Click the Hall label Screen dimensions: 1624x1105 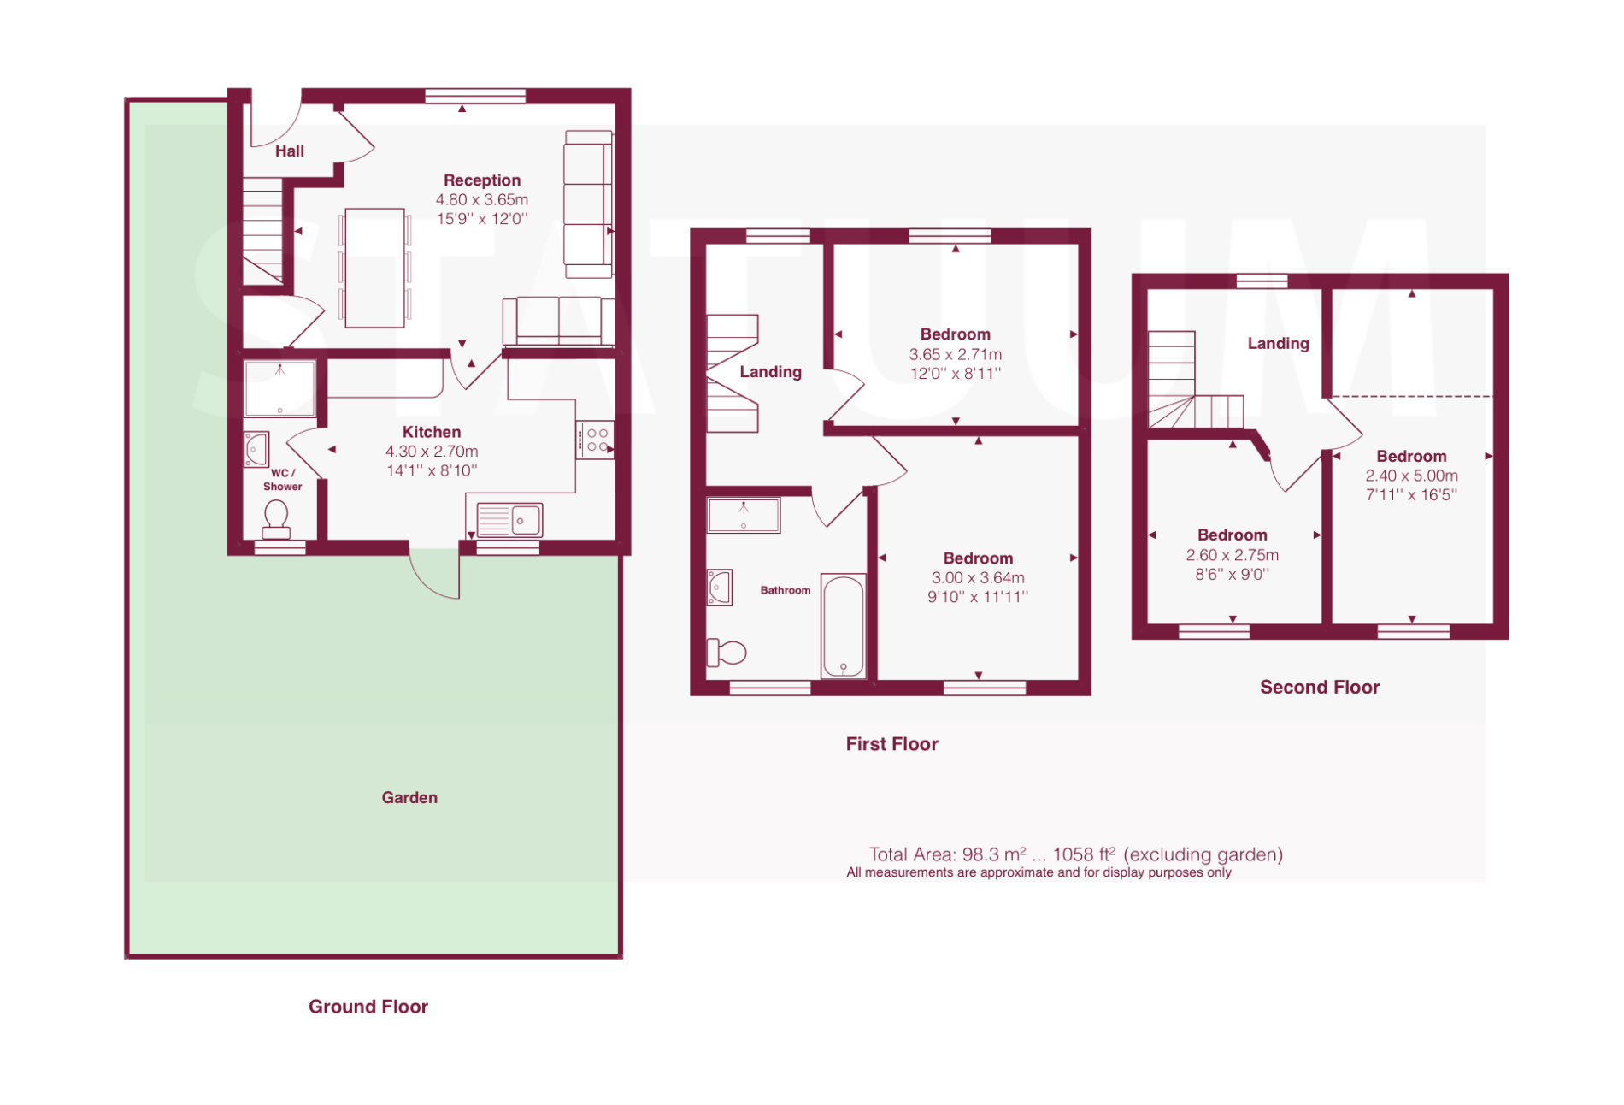pyautogui.click(x=290, y=151)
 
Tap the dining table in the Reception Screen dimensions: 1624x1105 pyautogui.click(x=374, y=268)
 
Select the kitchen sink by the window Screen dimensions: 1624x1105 pyautogui.click(x=509, y=519)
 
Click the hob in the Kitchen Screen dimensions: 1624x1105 pyautogui.click(x=595, y=440)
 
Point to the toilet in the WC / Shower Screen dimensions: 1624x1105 pyautogui.click(x=276, y=520)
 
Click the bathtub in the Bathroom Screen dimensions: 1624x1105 pyautogui.click(x=844, y=626)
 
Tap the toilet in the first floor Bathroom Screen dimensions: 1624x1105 pyautogui.click(x=727, y=653)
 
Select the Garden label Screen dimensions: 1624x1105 pyautogui.click(x=409, y=798)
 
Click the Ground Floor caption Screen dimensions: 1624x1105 pyautogui.click(x=368, y=1007)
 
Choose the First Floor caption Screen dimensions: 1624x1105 pyautogui.click(x=891, y=744)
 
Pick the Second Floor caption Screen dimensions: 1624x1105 pyautogui.click(x=1320, y=688)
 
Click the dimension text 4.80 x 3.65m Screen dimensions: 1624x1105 pyautogui.click(x=482, y=200)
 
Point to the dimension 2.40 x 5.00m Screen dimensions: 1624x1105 pyautogui.click(x=1411, y=476)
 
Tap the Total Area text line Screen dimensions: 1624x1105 pyautogui.click(x=1076, y=854)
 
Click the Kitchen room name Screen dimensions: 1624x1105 pyautogui.click(x=432, y=433)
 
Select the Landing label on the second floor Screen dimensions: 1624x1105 pyautogui.click(x=1278, y=344)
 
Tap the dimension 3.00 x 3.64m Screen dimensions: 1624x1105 pyautogui.click(x=978, y=578)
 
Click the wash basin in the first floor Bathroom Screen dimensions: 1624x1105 pyautogui.click(x=720, y=588)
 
